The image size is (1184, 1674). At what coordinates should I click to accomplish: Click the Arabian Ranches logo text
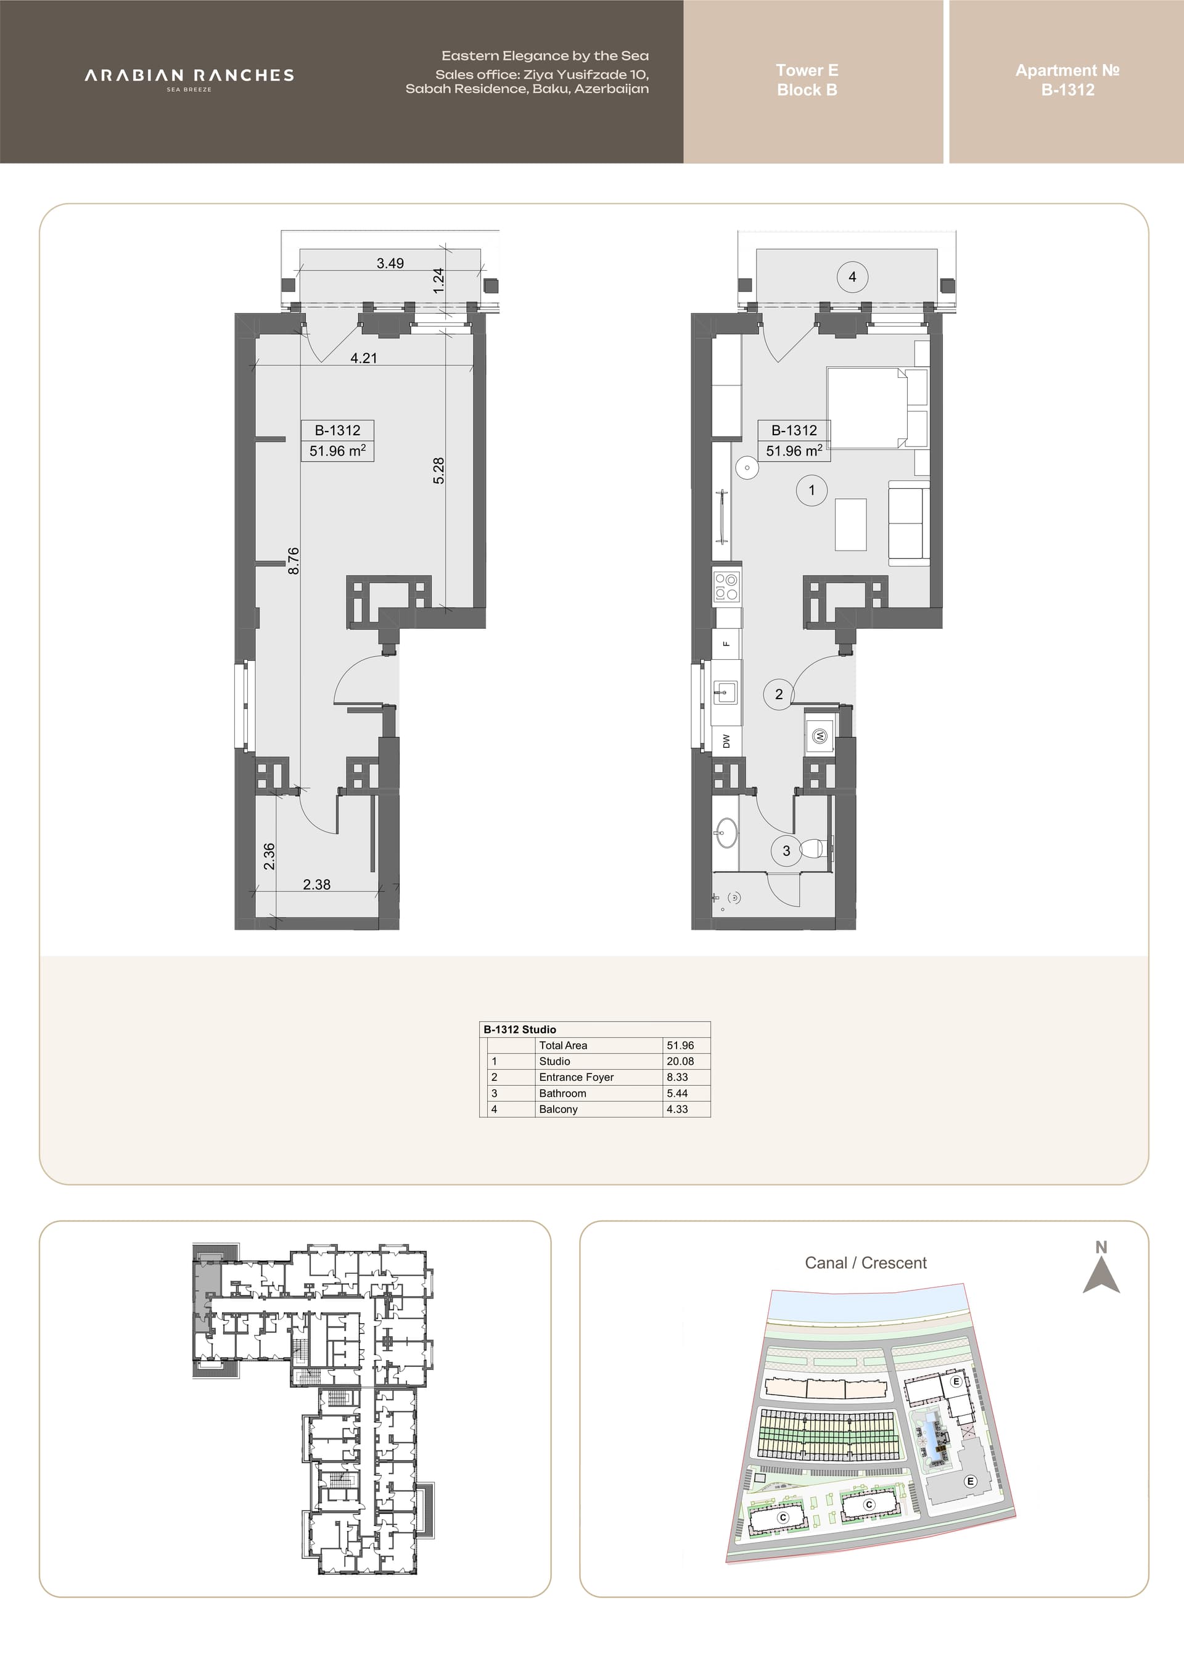(x=189, y=76)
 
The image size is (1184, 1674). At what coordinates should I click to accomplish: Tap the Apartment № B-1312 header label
(x=1067, y=80)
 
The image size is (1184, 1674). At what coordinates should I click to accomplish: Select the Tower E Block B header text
(x=807, y=80)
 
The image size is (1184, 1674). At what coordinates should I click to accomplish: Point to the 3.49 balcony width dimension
(x=390, y=263)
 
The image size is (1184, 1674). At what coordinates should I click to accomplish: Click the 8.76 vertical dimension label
(x=293, y=560)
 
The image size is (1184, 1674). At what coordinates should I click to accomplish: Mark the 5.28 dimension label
(x=438, y=470)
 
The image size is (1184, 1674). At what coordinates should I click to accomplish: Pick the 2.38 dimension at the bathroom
(x=316, y=884)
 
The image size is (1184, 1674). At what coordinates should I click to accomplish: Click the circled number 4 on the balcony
(x=852, y=277)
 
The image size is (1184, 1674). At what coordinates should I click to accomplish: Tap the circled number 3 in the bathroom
(x=786, y=850)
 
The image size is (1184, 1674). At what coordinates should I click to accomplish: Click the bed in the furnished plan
(x=877, y=408)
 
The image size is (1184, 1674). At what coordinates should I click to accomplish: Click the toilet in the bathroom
(x=815, y=848)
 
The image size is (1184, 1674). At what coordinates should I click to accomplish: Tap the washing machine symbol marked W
(x=820, y=736)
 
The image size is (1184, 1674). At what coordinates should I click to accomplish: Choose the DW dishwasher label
(x=726, y=741)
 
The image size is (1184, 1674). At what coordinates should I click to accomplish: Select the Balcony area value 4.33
(x=677, y=1109)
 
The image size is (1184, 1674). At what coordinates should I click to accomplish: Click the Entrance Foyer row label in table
(x=576, y=1077)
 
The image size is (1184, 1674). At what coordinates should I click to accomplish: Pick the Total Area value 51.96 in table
(x=680, y=1045)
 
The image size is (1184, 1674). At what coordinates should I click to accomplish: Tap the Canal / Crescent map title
(x=865, y=1263)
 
